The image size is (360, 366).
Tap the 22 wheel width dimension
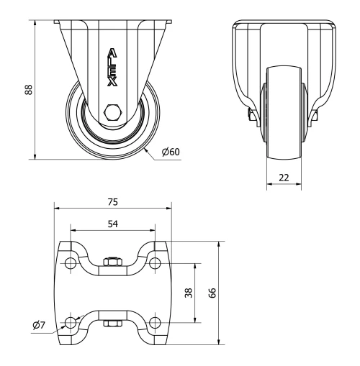pyautogui.click(x=285, y=177)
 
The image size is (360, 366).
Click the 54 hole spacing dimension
pyautogui.click(x=112, y=224)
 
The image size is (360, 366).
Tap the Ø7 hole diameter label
pyautogui.click(x=39, y=325)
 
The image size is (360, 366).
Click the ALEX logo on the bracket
pyautogui.click(x=112, y=67)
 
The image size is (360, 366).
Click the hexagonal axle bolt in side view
pyautogui.click(x=112, y=112)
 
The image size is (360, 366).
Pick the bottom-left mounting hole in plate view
pyautogui.click(x=71, y=321)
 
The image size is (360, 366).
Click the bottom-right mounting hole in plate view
pyautogui.click(x=155, y=321)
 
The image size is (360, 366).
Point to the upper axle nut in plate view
pyautogui.click(x=112, y=262)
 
